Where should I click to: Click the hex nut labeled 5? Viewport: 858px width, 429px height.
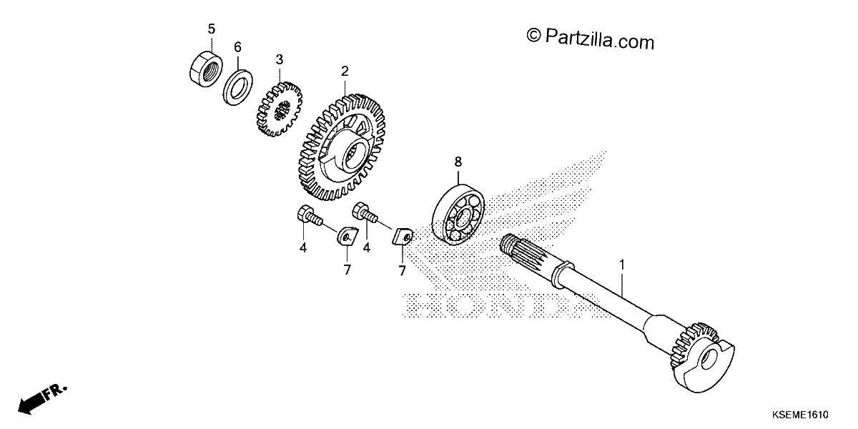(206, 69)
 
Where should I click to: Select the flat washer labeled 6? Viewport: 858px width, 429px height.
(237, 87)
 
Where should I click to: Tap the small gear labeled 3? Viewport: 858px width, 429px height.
(279, 109)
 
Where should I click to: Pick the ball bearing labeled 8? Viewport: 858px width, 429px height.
(458, 215)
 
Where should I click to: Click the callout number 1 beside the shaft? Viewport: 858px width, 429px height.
(622, 265)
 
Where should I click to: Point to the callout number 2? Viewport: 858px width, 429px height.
(345, 71)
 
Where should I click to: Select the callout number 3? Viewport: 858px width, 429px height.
(280, 60)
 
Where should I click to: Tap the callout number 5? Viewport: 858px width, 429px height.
(212, 29)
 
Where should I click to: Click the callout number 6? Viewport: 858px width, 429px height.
(237, 47)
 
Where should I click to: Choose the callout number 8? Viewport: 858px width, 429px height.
(458, 162)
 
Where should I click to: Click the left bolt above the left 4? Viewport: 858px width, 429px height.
(310, 217)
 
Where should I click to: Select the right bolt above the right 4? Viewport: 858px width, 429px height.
(365, 214)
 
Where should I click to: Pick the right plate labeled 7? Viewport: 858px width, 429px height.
(402, 237)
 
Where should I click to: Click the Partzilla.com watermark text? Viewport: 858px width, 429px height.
(591, 39)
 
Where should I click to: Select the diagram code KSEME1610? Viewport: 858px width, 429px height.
(800, 415)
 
